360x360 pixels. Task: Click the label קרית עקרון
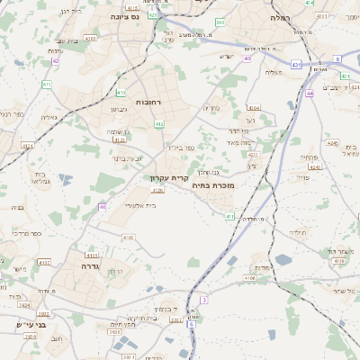pyautogui.click(x=168, y=178)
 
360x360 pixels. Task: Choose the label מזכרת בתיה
pyautogui.click(x=213, y=184)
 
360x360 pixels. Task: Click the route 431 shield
pyautogui.click(x=296, y=65)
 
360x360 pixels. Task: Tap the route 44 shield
pyautogui.click(x=309, y=93)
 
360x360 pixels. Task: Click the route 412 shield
pyautogui.click(x=158, y=123)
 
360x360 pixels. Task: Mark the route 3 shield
pyautogui.click(x=204, y=300)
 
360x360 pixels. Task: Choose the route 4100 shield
pyautogui.click(x=128, y=237)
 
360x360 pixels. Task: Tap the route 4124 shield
pyautogui.click(x=27, y=144)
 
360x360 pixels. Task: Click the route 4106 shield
pyautogui.click(x=249, y=278)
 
